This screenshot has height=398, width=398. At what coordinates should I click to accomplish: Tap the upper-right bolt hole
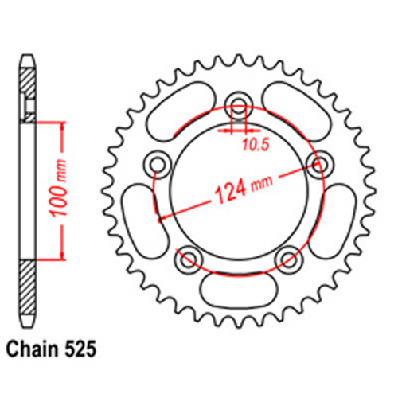tap(319, 165)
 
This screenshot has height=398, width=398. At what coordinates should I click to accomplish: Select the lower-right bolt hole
tap(288, 258)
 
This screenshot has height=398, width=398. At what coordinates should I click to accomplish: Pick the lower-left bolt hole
tap(189, 258)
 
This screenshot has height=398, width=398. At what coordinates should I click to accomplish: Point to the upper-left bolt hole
tap(157, 165)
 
